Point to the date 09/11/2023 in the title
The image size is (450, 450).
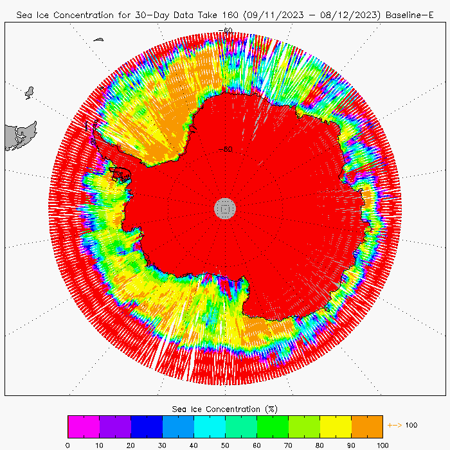click(268, 14)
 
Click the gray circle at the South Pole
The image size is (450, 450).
click(225, 208)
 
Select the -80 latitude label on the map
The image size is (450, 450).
click(225, 149)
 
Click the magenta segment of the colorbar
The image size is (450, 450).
click(84, 426)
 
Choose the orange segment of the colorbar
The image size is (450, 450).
click(367, 426)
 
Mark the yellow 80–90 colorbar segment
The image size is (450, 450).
click(336, 426)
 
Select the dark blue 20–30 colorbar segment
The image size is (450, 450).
click(147, 426)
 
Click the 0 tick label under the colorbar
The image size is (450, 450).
click(67, 444)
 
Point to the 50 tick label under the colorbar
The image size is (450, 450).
click(225, 444)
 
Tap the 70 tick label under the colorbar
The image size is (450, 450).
click(288, 444)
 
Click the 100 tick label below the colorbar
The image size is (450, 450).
click(382, 444)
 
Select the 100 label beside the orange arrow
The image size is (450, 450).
click(411, 426)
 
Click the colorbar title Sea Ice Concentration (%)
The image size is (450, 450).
click(225, 409)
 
